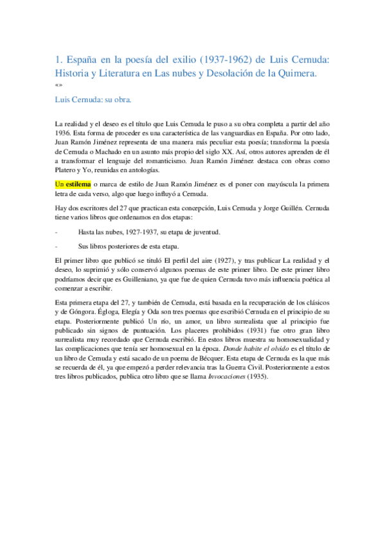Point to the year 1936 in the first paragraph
pos(64,133)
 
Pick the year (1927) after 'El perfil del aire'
pos(220,260)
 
